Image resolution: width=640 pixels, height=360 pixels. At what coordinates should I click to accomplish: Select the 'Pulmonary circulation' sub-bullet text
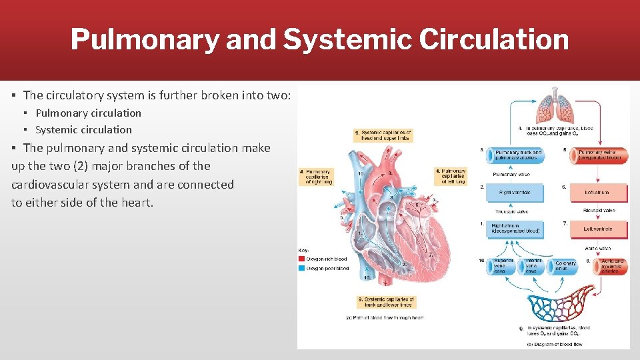pyautogui.click(x=88, y=113)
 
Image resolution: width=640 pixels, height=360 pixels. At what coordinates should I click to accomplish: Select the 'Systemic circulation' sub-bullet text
pyautogui.click(x=83, y=130)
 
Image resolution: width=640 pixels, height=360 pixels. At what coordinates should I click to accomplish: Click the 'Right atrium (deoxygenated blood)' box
pyautogui.click(x=515, y=229)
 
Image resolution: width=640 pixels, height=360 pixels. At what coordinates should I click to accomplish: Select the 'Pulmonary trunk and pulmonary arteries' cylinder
pyautogui.click(x=515, y=155)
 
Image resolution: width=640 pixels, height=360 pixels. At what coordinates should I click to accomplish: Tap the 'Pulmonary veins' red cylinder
pyautogui.click(x=598, y=155)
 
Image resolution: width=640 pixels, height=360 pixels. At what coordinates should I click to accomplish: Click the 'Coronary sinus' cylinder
pyautogui.click(x=565, y=267)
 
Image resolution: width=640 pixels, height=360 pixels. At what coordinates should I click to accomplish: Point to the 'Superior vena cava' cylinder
pyautogui.click(x=500, y=267)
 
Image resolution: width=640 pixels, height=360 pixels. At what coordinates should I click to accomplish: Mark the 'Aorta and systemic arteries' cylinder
pyautogui.click(x=608, y=267)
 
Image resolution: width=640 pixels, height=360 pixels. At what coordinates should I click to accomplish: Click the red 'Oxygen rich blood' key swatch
pyautogui.click(x=302, y=259)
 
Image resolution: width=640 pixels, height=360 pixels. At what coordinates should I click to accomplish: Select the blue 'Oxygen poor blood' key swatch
pyautogui.click(x=302, y=268)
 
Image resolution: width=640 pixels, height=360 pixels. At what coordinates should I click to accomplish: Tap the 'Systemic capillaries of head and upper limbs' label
pyautogui.click(x=383, y=135)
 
